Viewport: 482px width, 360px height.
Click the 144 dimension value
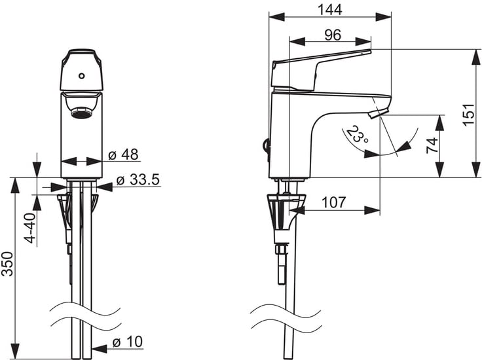point(329,10)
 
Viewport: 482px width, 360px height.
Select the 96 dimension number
point(333,35)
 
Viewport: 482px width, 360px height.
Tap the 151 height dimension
point(469,114)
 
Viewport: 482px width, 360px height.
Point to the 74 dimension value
point(432,145)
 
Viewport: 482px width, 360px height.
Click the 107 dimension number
point(333,202)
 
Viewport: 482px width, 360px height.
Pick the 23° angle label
point(357,134)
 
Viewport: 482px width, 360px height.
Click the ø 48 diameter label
point(124,154)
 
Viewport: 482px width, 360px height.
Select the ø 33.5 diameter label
point(138,180)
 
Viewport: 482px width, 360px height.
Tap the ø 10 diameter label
point(128,342)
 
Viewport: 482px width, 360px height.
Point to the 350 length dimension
point(7,264)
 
